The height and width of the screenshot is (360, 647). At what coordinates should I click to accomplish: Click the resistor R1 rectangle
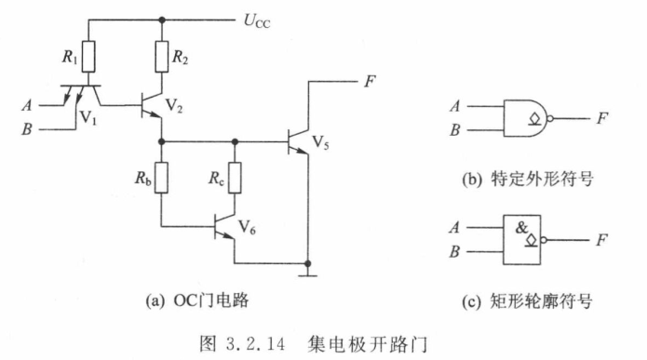[88, 57]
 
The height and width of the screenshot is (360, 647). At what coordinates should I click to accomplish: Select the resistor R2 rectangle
[162, 57]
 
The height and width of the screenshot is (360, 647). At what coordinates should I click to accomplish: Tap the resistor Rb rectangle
[162, 178]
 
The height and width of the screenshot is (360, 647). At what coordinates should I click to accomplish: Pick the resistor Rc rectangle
[235, 178]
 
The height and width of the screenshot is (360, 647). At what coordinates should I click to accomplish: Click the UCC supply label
[257, 20]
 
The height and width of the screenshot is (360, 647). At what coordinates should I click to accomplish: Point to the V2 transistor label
[174, 105]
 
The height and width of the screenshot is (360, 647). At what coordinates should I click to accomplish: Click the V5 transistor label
[320, 142]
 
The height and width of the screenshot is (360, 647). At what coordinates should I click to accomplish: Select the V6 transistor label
[247, 227]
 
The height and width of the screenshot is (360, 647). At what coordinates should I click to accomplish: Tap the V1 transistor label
[88, 118]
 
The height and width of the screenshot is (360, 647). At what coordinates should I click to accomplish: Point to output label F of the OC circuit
[370, 81]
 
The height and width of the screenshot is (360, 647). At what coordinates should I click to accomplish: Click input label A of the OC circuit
[27, 105]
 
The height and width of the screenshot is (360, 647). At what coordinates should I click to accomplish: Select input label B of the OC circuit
[27, 129]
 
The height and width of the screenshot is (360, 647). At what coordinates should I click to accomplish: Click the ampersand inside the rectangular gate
[521, 228]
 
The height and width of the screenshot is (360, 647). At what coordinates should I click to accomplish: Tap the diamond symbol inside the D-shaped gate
[535, 119]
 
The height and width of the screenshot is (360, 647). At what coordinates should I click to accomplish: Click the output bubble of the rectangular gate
[544, 240]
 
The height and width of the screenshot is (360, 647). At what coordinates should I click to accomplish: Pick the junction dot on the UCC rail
[162, 20]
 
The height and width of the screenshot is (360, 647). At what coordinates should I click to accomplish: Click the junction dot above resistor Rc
[235, 141]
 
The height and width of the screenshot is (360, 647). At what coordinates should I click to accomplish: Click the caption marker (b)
[472, 180]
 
